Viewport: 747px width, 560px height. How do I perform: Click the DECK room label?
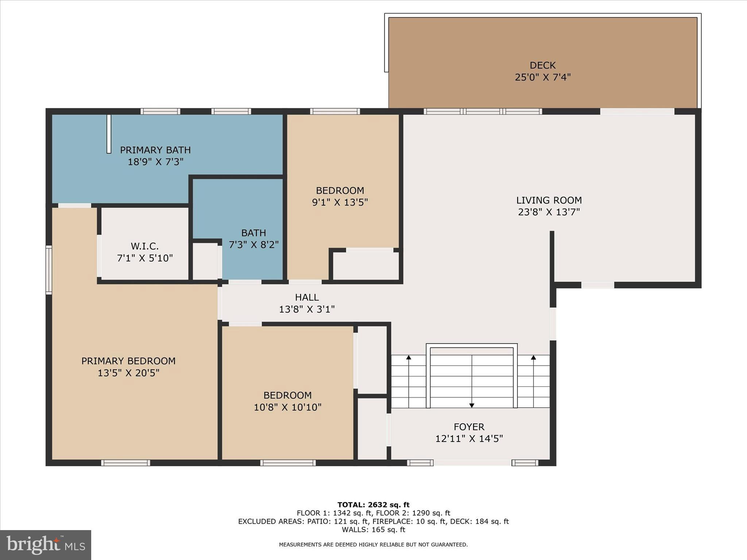click(542, 65)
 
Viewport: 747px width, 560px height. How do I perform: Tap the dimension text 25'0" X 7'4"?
click(542, 77)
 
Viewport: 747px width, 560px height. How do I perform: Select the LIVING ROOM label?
click(549, 200)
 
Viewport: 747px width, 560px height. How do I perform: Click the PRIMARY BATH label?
click(155, 150)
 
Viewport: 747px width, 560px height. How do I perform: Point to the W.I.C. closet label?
click(145, 246)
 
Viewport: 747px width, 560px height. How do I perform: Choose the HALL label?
click(307, 297)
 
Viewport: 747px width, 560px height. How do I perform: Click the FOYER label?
click(469, 427)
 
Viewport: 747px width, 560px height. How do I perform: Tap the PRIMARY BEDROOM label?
click(128, 361)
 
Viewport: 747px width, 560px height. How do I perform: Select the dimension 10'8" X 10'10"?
click(287, 407)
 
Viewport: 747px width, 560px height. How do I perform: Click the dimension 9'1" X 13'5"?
click(340, 202)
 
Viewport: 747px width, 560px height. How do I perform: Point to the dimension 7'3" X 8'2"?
click(253, 245)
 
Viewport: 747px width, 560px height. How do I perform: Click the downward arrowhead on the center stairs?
click(472, 405)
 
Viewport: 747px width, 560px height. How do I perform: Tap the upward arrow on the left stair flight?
click(409, 358)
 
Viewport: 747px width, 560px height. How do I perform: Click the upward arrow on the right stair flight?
click(533, 358)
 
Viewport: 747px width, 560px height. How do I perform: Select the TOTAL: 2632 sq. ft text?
click(373, 505)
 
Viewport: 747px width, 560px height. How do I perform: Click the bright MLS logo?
click(46, 545)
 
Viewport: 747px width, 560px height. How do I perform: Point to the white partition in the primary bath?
click(109, 134)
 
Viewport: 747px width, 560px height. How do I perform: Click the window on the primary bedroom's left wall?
click(49, 270)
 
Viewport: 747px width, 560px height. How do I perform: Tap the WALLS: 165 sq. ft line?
click(373, 530)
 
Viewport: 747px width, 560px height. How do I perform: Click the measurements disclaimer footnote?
click(373, 545)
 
